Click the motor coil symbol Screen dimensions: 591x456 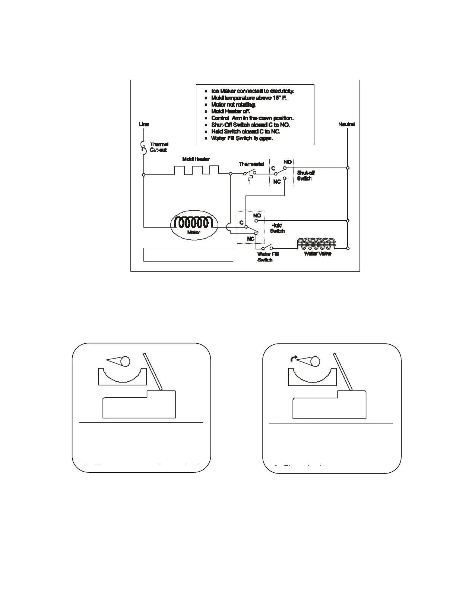[194, 223]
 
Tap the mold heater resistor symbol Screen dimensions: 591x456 [197, 170]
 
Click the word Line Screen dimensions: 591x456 [144, 124]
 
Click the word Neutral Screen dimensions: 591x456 [346, 124]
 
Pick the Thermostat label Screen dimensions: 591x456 [251, 164]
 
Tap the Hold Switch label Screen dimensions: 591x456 [277, 228]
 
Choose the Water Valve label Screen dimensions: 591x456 [317, 254]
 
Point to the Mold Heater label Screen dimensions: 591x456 [196, 159]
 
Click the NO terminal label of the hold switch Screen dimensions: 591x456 [257, 216]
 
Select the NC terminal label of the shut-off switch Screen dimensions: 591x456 [277, 182]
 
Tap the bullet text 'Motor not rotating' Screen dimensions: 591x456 [233, 104]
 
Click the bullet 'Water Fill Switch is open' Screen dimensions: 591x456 [242, 138]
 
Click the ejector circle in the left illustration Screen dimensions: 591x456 [125, 361]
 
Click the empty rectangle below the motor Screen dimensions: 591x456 [188, 254]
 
